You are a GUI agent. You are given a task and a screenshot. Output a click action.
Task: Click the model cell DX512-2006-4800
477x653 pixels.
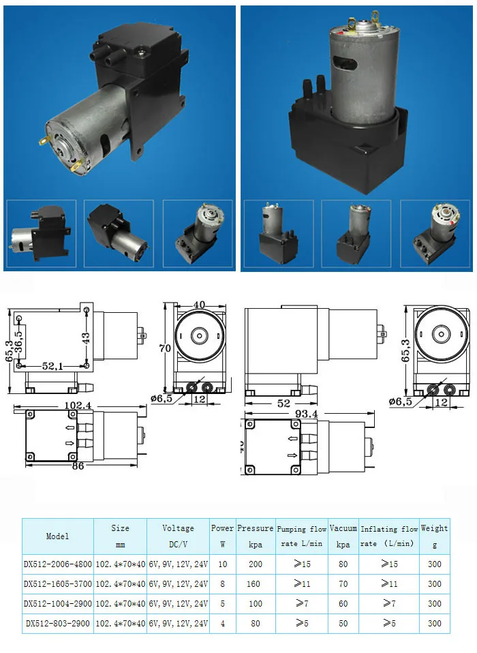tap(57, 564)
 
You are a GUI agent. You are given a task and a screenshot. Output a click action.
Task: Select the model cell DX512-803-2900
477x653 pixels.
tap(57, 623)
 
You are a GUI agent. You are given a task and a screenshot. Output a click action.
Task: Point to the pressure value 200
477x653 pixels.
tap(256, 564)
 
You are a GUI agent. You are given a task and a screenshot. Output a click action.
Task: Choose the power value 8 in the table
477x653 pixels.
tap(222, 584)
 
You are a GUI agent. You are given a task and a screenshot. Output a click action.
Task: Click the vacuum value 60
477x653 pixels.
tap(343, 603)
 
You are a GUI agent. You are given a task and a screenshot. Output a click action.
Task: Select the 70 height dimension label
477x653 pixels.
tap(165, 348)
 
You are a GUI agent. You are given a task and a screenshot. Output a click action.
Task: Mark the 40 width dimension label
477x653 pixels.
tap(198, 305)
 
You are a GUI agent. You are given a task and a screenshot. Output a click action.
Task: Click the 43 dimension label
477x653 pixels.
tap(86, 339)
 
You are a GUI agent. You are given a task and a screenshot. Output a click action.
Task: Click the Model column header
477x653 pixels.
tap(57, 536)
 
